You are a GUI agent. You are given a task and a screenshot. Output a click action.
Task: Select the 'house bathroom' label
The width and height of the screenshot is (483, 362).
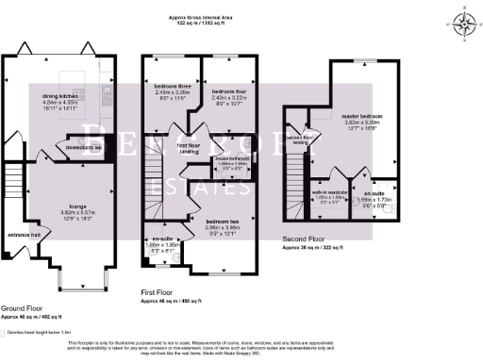click(x=231, y=158)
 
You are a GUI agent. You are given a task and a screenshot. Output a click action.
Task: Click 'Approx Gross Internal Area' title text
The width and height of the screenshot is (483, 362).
click(x=241, y=18)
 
